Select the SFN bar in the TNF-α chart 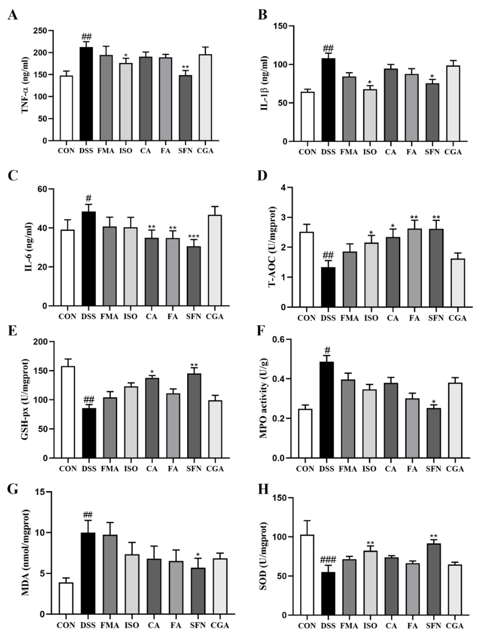[x=185, y=108]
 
